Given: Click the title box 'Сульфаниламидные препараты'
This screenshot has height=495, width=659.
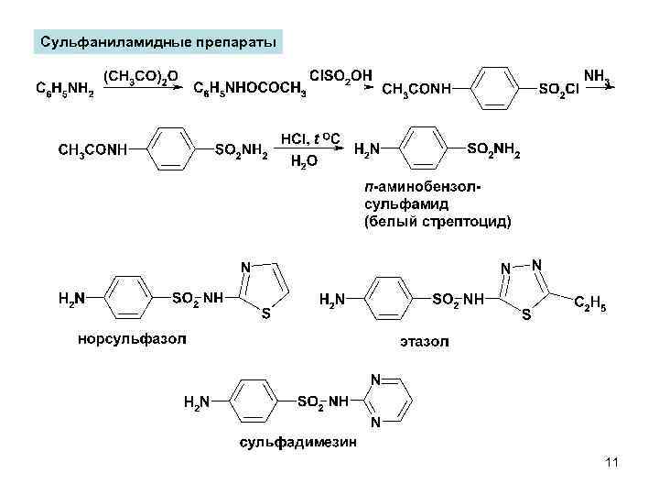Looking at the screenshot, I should pos(158,42).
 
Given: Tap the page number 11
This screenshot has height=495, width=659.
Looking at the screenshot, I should pos(611,465).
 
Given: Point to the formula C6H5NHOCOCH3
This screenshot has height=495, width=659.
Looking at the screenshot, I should pos(251,90).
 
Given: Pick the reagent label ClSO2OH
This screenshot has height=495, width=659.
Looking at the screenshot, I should pos(341,72).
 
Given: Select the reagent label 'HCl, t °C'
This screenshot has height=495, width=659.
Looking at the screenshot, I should pos(311,139).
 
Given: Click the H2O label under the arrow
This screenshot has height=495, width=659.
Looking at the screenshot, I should pos(304,162).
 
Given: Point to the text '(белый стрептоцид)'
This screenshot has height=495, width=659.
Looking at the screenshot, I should pos(438,221).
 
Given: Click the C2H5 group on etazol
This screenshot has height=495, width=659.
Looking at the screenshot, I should pos(589,303).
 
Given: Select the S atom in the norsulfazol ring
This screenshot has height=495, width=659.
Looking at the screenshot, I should pos(265,314).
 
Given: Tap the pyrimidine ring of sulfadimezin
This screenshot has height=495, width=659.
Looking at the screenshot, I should pos(388,401).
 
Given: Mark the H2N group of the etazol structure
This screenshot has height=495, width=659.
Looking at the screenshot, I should pos(331,299).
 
